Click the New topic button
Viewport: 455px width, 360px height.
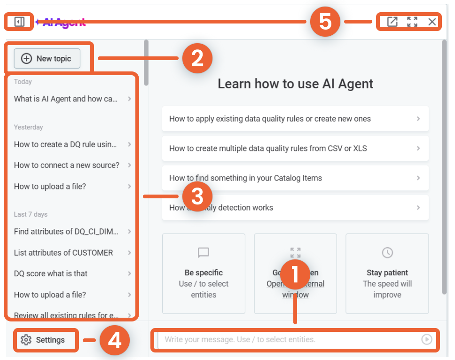[x=47, y=59]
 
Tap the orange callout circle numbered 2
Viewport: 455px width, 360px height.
[x=197, y=59]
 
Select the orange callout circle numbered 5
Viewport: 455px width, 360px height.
[x=325, y=22]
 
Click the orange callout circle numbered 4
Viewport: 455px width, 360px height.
[x=115, y=340]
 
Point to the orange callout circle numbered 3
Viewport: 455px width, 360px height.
[x=197, y=196]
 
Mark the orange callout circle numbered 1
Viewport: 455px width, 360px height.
[x=295, y=274]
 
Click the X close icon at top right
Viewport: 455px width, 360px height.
[x=432, y=22]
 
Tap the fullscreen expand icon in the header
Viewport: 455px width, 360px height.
[x=412, y=22]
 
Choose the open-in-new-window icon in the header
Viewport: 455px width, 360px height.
[x=392, y=22]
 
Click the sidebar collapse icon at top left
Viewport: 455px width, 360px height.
[x=19, y=22]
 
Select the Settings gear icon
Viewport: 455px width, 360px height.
[x=26, y=340]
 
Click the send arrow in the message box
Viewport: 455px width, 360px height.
[x=426, y=339]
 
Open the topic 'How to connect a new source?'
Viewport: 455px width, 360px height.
[x=67, y=165]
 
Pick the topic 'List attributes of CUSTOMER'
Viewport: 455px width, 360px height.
[x=63, y=252]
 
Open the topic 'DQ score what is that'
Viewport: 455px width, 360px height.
[x=51, y=274]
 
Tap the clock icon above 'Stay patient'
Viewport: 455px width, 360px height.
[x=387, y=253]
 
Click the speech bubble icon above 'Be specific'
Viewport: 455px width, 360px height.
[x=204, y=253]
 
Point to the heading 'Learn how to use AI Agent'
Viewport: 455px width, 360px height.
[x=295, y=84]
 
